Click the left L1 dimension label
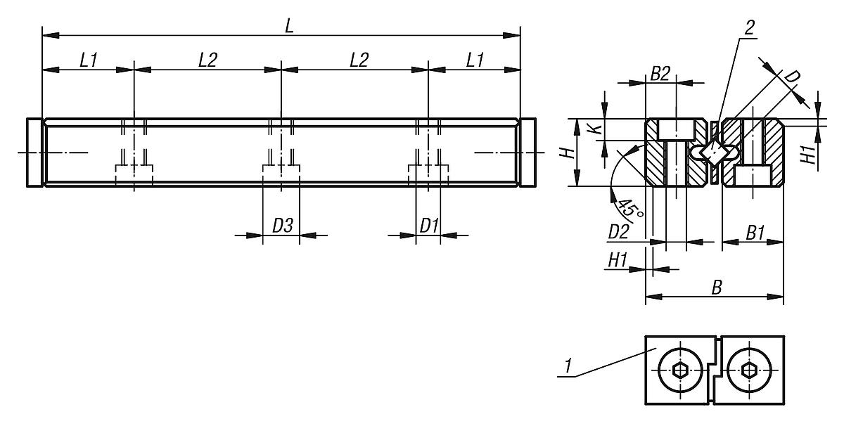pyautogui.click(x=88, y=60)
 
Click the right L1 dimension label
pyautogui.click(x=475, y=60)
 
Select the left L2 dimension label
pyautogui.click(x=207, y=60)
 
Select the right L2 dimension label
pyautogui.click(x=359, y=60)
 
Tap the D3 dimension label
pyautogui.click(x=282, y=226)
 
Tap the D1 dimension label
pyautogui.click(x=429, y=226)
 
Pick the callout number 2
pyautogui.click(x=749, y=28)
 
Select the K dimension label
pyautogui.click(x=595, y=129)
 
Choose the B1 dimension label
pyautogui.click(x=755, y=233)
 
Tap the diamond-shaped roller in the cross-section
pyautogui.click(x=714, y=152)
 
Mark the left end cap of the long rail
pyautogui.click(x=34, y=152)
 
